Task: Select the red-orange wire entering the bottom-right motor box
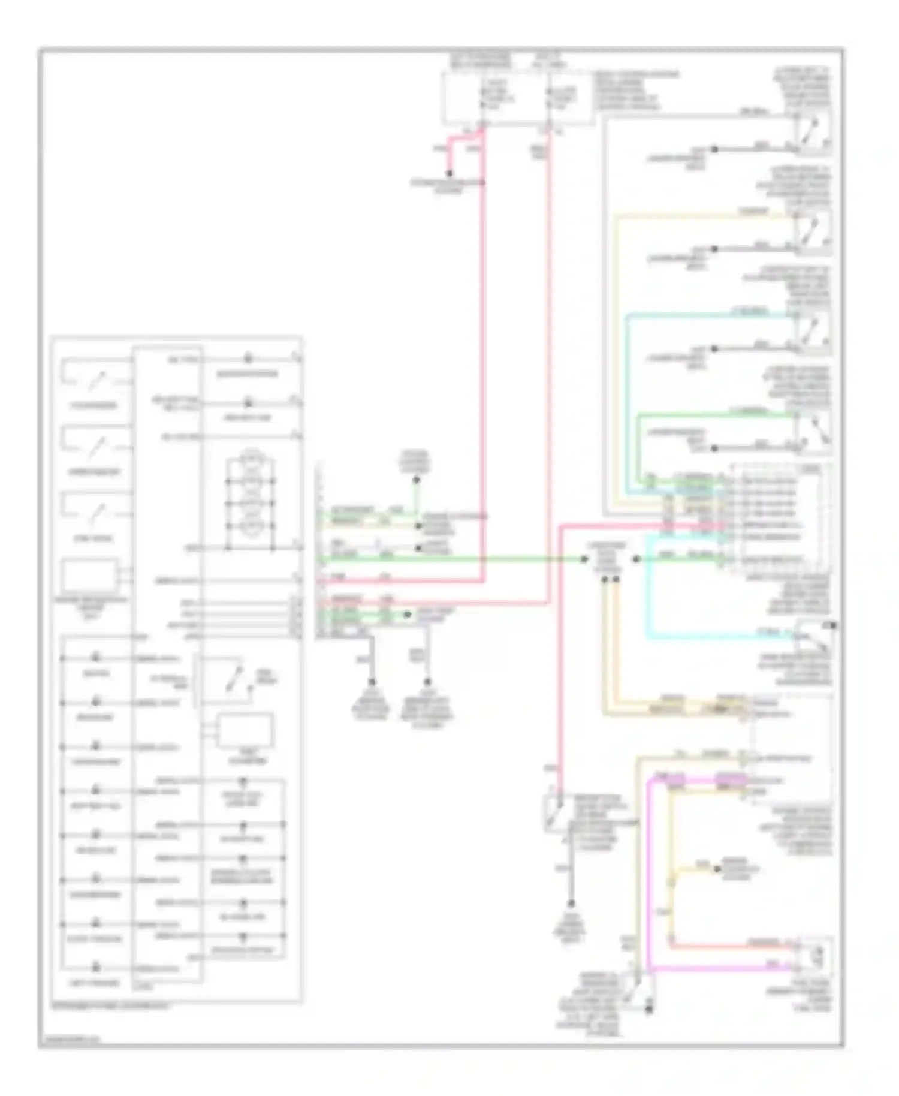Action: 731,947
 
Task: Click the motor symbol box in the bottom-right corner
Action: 814,956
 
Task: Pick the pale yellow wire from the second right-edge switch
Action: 701,214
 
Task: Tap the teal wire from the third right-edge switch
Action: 707,314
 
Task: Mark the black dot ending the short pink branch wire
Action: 449,174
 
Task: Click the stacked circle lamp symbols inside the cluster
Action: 250,492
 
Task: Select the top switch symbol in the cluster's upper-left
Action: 94,378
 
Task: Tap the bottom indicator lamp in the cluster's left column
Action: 95,967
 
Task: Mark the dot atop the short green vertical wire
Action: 416,480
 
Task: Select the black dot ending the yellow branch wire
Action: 714,869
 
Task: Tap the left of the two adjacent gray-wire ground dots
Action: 372,682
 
